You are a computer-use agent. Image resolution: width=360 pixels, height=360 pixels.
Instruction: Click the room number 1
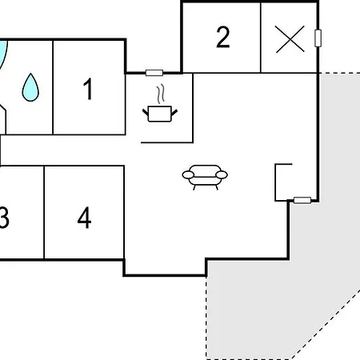coord(88,89)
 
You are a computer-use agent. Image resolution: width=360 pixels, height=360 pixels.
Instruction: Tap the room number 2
coord(223,37)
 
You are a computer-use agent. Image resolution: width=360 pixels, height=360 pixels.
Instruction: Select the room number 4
coord(84,218)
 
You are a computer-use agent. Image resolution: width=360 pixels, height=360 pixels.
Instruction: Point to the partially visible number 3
coord(4,218)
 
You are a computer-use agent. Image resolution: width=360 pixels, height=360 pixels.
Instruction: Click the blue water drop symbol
coord(30,87)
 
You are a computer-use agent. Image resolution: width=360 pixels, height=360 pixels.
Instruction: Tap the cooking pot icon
coord(160,114)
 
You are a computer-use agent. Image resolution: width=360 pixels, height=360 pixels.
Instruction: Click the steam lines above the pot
coord(160,94)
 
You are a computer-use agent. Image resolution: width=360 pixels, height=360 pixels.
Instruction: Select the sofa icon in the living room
coord(205,177)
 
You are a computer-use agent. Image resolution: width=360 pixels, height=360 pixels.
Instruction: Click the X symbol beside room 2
coord(290,39)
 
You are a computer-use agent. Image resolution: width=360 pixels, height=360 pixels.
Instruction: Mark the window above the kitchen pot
coord(154,73)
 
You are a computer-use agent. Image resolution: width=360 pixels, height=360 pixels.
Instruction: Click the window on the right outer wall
coord(318,38)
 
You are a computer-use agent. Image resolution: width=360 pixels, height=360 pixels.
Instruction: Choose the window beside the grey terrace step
coord(302,200)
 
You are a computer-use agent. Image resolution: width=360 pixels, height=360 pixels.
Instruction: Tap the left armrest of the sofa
coord(189,175)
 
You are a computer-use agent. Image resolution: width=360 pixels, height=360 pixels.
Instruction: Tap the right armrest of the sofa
coord(222,175)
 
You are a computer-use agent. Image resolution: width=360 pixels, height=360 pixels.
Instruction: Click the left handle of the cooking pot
coord(146,112)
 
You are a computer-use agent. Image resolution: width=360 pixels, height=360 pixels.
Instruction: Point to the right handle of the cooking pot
coord(174,112)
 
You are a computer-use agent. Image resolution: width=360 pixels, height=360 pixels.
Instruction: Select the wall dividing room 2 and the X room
coord(261,38)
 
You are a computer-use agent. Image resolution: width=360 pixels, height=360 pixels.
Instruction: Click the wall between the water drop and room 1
coord(53,87)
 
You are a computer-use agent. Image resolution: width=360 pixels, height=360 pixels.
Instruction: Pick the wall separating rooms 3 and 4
coord(44,212)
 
